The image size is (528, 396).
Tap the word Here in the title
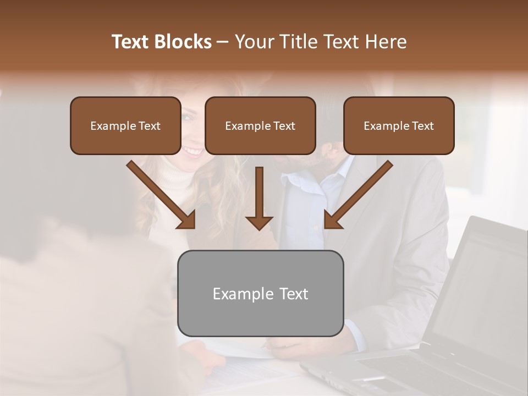384,42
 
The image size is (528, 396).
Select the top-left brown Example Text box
125,126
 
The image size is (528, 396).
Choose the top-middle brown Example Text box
260,126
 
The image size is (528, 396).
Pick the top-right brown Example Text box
399,126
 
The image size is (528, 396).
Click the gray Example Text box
260,294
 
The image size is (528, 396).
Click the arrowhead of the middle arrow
259,223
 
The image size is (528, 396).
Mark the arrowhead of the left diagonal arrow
188,221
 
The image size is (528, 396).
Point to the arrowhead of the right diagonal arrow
332,221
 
